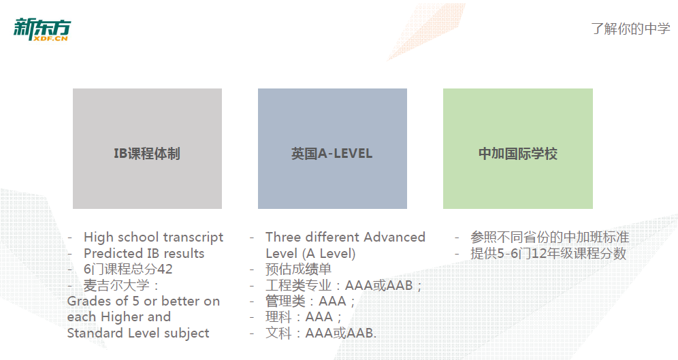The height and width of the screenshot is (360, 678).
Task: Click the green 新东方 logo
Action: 42,29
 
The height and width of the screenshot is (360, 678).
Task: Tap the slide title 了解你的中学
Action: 630,29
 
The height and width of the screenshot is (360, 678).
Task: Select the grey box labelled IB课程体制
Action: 147,148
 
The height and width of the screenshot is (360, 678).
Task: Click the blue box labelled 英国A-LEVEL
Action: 332,148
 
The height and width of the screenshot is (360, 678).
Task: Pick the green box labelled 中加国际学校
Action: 517,148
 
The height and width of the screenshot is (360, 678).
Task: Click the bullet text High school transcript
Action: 153,238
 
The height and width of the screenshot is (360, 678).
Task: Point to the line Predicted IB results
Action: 144,253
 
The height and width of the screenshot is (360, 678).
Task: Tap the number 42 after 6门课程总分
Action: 165,269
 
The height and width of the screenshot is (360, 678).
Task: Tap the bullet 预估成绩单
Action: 298,269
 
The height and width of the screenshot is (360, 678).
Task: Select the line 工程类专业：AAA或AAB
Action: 343,285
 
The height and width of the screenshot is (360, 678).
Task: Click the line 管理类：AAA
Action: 310,301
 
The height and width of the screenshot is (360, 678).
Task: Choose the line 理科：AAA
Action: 304,317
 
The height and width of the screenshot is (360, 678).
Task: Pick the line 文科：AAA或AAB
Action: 321,333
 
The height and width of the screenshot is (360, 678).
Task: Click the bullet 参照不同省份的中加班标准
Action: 549,238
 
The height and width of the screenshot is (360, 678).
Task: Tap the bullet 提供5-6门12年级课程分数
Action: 548,253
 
